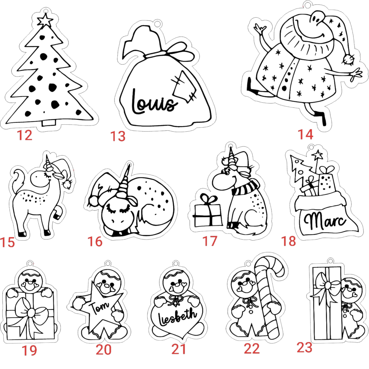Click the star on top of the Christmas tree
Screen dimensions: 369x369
click(x=45, y=20)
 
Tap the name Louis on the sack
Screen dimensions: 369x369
click(x=154, y=102)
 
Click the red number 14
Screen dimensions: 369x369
click(x=306, y=134)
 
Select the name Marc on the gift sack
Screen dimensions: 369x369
click(x=325, y=220)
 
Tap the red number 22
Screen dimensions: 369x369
click(x=252, y=349)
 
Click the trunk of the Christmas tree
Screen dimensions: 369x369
click(x=49, y=123)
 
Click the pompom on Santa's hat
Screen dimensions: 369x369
click(x=348, y=59)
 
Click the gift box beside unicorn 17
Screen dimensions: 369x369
click(x=207, y=211)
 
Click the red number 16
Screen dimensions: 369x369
click(x=95, y=242)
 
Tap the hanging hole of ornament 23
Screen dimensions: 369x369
click(x=330, y=261)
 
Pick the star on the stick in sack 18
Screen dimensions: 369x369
click(x=317, y=155)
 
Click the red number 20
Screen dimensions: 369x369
click(x=103, y=350)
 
